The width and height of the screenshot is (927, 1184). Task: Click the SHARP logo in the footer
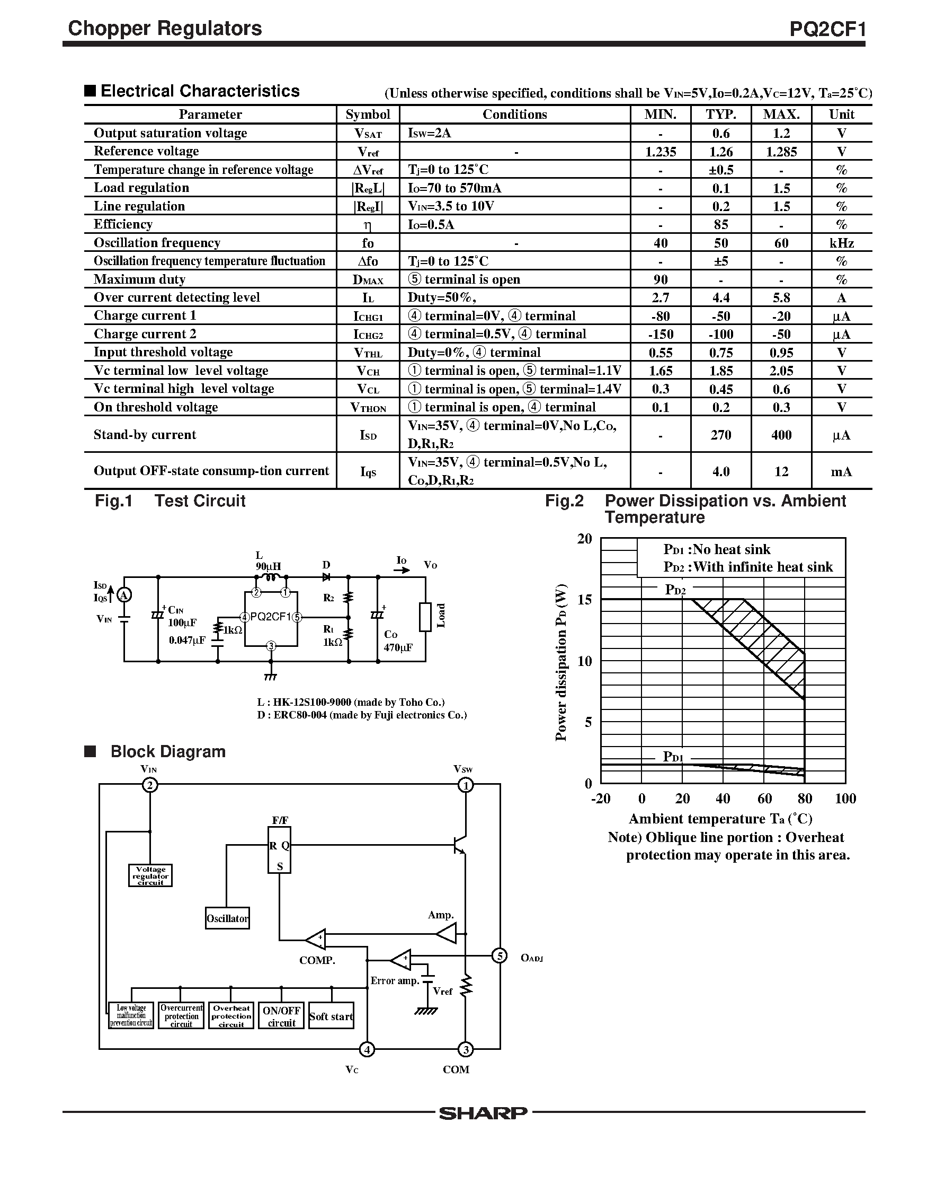[x=483, y=1113]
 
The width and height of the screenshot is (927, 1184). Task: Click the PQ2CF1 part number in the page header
[x=826, y=29]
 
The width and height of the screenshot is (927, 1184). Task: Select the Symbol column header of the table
[x=368, y=115]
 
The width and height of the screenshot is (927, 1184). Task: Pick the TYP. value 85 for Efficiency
[x=721, y=225]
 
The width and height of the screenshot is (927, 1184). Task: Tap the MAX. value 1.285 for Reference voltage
[x=781, y=152]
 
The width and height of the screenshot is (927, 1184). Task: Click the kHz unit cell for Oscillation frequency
[x=841, y=243]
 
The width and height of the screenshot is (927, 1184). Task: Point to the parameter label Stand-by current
[x=145, y=434]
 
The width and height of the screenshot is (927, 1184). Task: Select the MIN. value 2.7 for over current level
[x=660, y=297]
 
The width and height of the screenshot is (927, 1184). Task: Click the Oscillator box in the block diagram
[x=227, y=918]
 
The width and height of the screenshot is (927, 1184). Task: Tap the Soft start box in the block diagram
[x=331, y=1016]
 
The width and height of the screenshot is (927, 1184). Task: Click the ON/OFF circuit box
[x=281, y=1016]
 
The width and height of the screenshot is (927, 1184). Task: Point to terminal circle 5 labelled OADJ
[x=499, y=956]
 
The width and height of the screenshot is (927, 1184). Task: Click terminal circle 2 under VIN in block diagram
[x=150, y=785]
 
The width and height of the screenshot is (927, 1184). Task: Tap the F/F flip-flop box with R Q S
[x=280, y=850]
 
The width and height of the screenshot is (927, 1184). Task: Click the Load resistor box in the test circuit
[x=426, y=617]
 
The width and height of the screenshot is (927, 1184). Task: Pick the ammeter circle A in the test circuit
[x=124, y=596]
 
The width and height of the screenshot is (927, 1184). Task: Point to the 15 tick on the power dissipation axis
[x=584, y=600]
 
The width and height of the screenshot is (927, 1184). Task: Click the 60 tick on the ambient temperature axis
[x=764, y=799]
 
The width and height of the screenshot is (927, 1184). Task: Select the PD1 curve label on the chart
[x=673, y=757]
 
